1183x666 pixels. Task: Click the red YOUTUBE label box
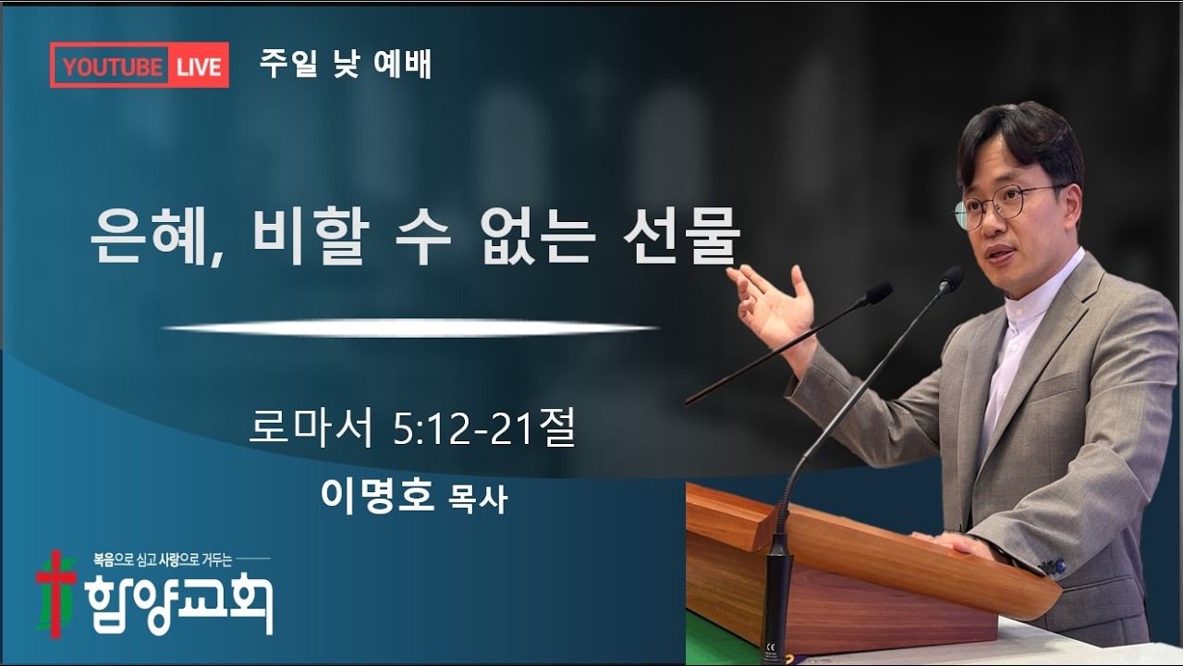point(111,66)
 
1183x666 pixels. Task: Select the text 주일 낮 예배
point(346,65)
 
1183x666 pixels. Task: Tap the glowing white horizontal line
point(409,327)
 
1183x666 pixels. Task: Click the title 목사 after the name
point(478,499)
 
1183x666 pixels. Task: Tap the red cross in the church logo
point(55,593)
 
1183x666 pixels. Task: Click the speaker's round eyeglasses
point(1003,203)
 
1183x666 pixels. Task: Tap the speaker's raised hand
point(772,301)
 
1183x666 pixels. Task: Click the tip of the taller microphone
point(952,277)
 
